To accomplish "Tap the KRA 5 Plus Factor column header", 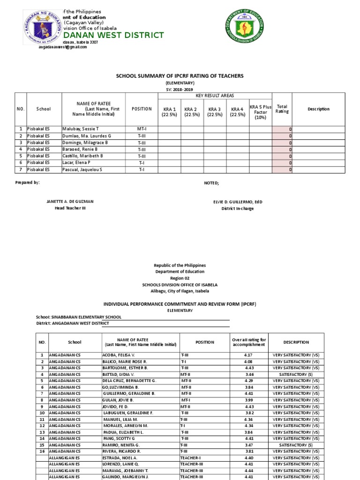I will point(260,112).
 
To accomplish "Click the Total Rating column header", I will point(282,109).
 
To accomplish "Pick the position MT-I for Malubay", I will point(141,128).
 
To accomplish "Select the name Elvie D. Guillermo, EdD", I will point(238,202).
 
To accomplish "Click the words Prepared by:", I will point(27,182).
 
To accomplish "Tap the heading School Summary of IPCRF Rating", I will point(180,75).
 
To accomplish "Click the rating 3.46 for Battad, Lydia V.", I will point(249,375).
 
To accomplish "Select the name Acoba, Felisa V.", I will point(118,355).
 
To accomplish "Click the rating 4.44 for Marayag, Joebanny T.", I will point(249,470).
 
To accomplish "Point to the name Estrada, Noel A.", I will point(120,457).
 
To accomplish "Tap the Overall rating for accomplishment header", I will point(249,342).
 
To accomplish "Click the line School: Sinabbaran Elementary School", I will point(78,317).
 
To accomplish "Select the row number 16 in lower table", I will point(42,451).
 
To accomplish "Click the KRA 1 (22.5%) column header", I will point(169,112).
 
